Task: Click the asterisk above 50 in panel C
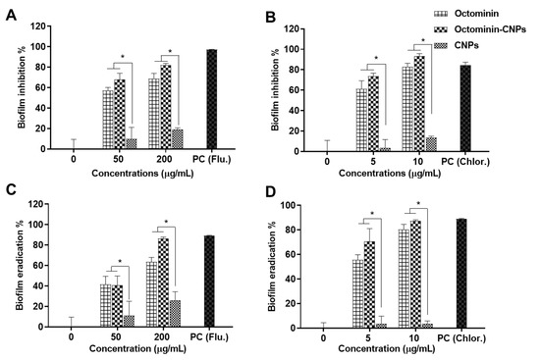pyautogui.click(x=118, y=262)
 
